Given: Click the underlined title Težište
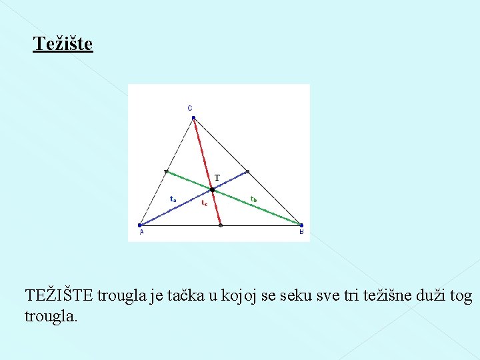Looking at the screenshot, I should point(63,44).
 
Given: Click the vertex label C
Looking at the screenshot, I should point(189,107).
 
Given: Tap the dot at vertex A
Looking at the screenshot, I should point(140,225).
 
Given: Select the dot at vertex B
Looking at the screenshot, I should point(301,225).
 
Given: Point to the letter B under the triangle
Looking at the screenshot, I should point(301,233).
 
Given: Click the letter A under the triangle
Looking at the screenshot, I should point(141,233).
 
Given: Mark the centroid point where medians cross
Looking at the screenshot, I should point(212,189).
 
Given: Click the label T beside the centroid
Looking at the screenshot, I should point(217,178).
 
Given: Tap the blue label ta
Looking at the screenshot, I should point(173,199).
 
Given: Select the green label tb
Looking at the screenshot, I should point(254,199).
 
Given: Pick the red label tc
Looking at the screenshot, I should point(204,203).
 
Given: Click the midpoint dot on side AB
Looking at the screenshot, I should point(221,225).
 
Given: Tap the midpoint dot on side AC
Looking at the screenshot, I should point(167,172).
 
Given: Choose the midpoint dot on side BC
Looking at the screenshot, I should point(247,172).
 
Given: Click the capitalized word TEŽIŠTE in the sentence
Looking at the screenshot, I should point(59,295).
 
